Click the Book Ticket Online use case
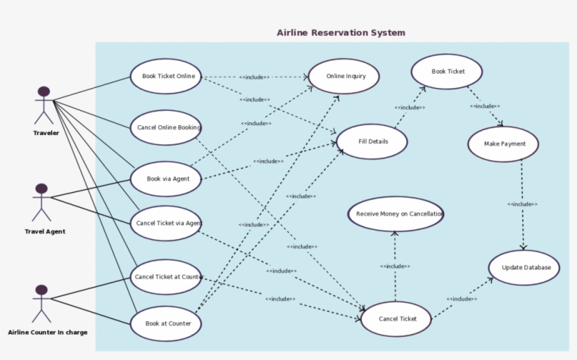point(167,77)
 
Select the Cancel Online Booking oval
point(167,128)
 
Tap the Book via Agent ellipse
point(166,179)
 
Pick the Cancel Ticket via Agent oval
point(166,224)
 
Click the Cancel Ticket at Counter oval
point(167,277)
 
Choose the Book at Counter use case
point(167,323)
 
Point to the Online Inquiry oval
point(344,76)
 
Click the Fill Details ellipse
point(372,141)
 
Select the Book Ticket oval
point(447,72)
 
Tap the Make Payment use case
point(502,144)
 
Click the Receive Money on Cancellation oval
point(396,214)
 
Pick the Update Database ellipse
point(524,268)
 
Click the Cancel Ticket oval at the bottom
point(396,319)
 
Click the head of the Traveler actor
point(44,91)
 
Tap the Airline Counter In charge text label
point(48,333)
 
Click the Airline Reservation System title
point(341,33)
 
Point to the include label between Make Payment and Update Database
point(522,205)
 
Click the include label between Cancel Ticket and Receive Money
point(395,266)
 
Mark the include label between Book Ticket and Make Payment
point(485,106)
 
